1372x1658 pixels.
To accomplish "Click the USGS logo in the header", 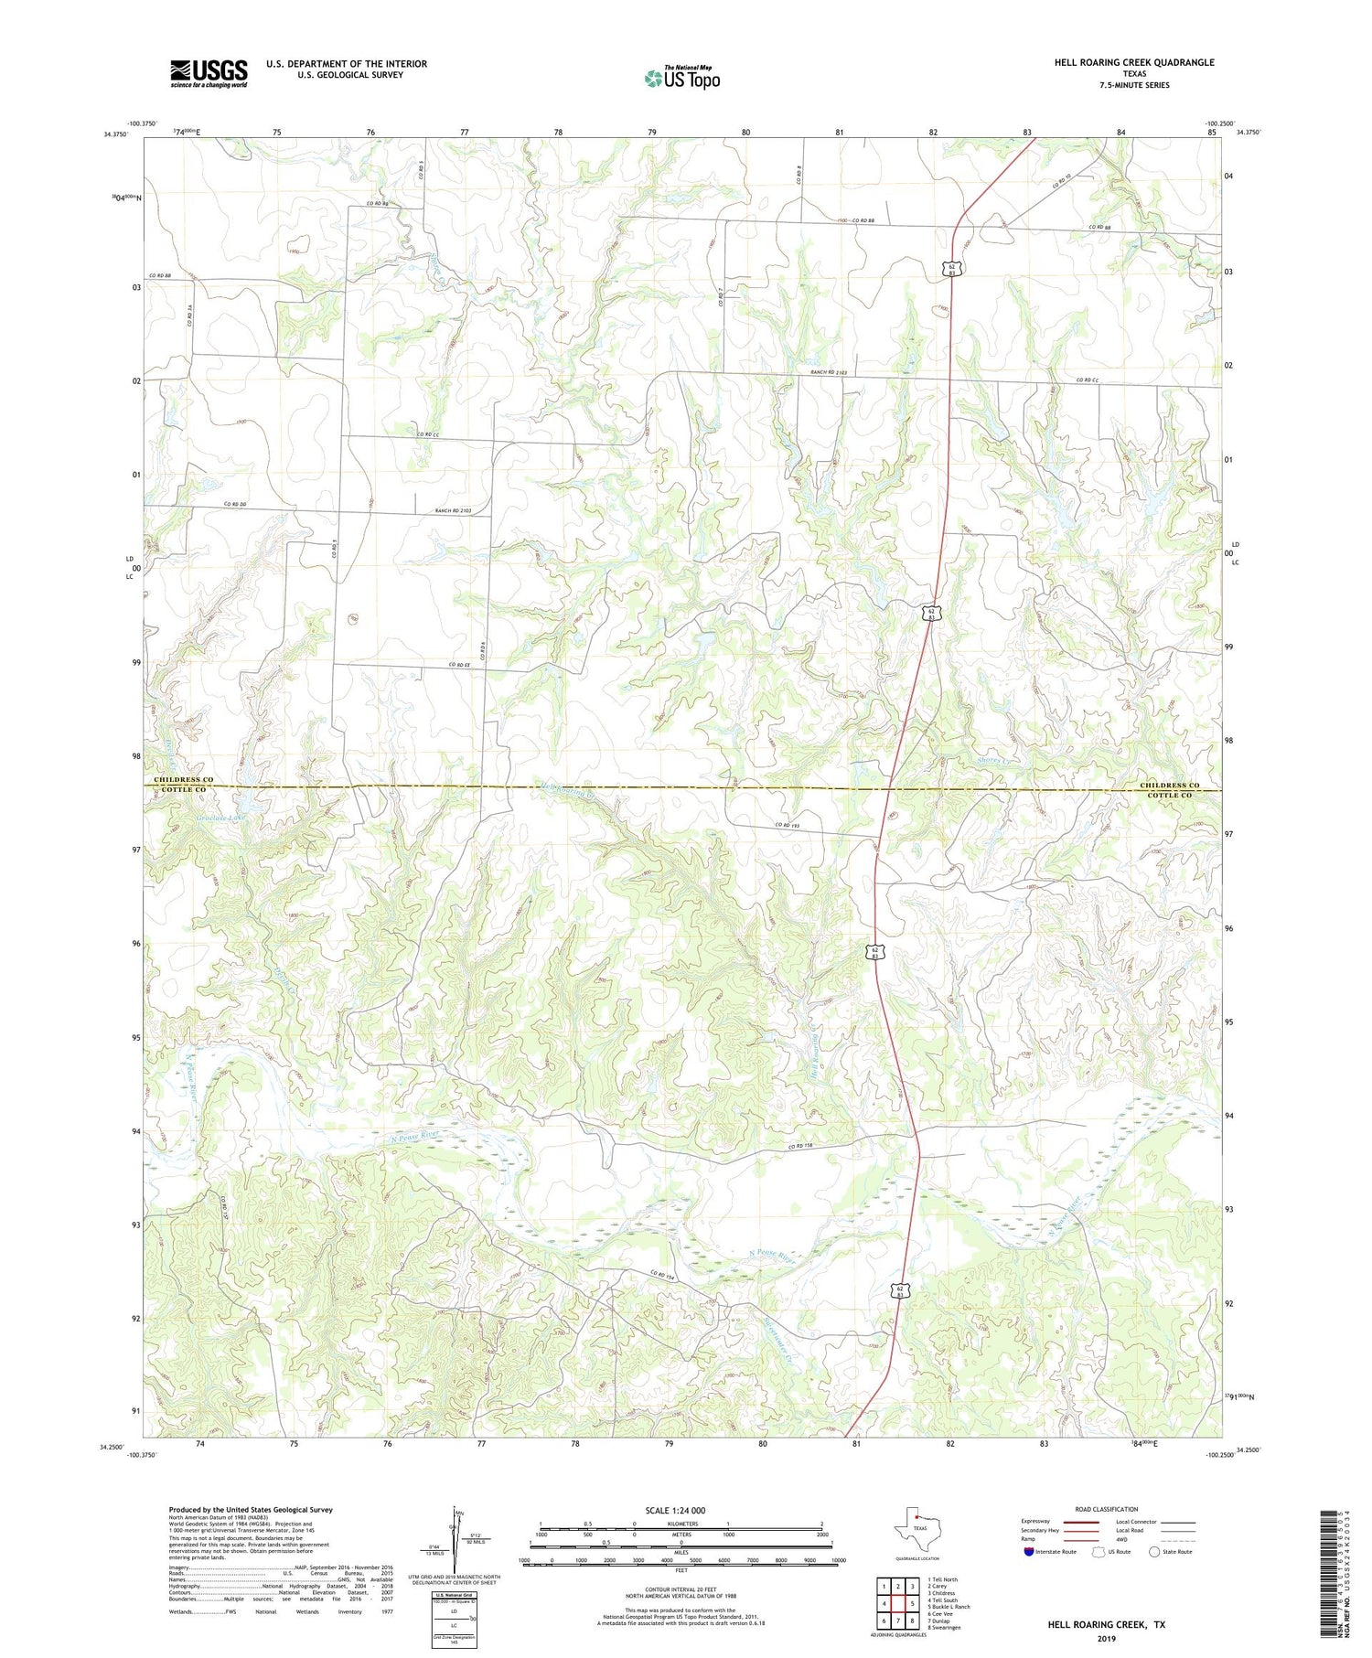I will [209, 73].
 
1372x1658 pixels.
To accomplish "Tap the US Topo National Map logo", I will [681, 78].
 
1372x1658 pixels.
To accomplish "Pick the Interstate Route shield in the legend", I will [1030, 1551].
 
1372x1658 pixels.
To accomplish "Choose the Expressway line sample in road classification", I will [1080, 1522].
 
